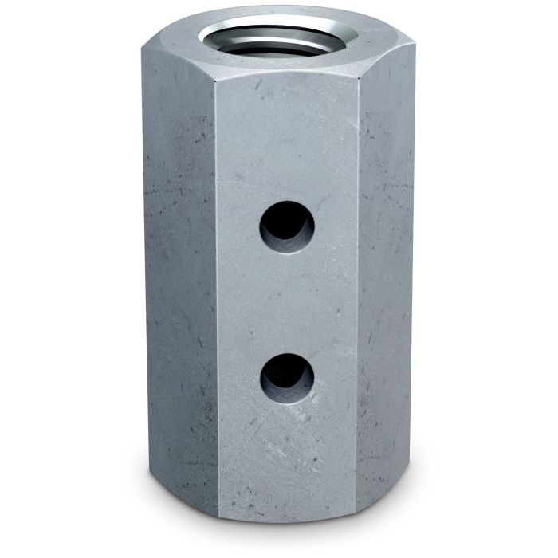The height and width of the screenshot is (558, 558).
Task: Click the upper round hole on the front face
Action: click(286, 226)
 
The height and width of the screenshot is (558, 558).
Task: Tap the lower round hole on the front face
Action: click(287, 375)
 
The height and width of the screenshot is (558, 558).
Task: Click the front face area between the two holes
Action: click(287, 301)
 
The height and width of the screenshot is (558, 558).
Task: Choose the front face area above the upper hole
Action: click(287, 143)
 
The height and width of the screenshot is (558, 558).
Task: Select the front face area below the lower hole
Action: click(287, 454)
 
